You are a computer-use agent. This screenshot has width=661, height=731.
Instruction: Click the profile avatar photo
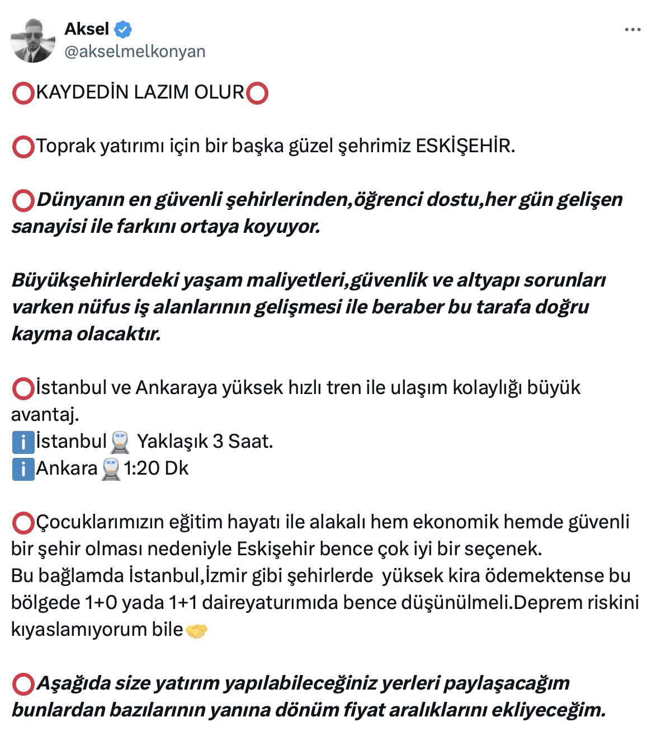(33, 40)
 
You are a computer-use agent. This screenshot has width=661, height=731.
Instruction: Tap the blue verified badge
(123, 29)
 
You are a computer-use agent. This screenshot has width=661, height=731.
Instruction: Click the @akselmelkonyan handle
(135, 51)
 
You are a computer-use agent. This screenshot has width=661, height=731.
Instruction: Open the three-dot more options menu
(632, 30)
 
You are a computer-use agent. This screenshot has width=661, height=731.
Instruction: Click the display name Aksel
(87, 29)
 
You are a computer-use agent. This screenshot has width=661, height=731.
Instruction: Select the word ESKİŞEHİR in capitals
(465, 146)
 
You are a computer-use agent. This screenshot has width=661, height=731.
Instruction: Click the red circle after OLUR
(257, 93)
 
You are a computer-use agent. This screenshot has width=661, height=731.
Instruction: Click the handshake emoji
(196, 631)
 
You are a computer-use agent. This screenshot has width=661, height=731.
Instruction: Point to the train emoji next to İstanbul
(120, 442)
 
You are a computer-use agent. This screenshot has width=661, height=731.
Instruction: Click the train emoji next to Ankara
(111, 469)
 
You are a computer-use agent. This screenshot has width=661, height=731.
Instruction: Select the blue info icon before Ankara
(23, 469)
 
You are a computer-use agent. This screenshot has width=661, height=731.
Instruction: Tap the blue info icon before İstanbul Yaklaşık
(23, 442)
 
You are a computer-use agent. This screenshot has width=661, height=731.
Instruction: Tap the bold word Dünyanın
(80, 200)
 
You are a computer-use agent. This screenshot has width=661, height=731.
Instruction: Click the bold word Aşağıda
(73, 683)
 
